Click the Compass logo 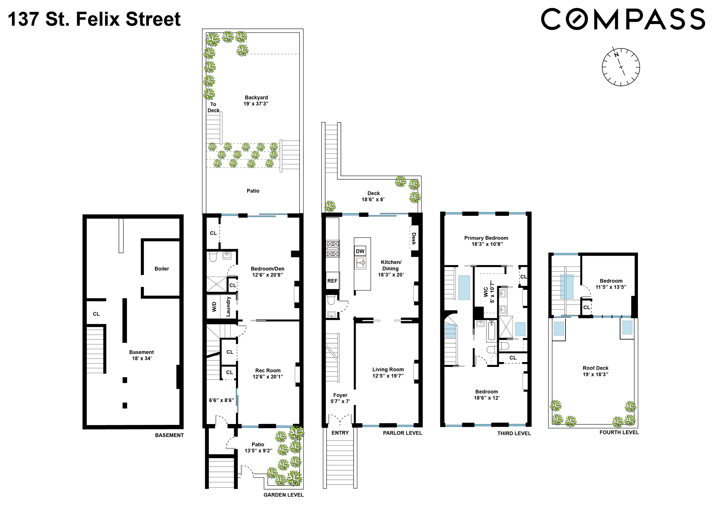point(623,19)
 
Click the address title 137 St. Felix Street point(94,19)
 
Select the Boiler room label point(161,269)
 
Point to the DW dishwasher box point(360,251)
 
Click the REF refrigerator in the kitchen point(332,281)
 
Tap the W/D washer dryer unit point(214,306)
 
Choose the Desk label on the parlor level point(414,239)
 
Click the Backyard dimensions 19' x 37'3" point(256,104)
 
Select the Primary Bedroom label point(486,238)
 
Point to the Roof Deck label point(596,368)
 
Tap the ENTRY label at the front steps point(340,433)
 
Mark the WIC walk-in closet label point(486,292)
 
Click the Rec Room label point(268,370)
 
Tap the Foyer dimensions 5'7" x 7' point(340,401)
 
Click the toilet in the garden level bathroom point(213,257)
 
